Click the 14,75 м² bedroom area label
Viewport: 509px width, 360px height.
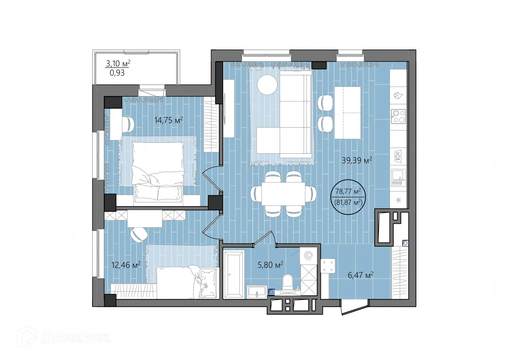169,120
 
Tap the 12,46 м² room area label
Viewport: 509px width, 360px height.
126,265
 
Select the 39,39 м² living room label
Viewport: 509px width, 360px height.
357,160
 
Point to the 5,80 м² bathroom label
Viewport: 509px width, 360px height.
270,265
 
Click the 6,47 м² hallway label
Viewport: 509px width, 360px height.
361,275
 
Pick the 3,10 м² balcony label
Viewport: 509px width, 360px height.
118,63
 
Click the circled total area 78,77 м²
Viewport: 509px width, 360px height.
348,191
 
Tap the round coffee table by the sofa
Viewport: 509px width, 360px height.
267,85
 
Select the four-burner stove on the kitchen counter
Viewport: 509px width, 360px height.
398,117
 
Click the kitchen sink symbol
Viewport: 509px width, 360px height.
398,177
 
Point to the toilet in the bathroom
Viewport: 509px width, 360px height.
288,282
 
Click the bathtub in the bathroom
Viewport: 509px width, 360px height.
234,275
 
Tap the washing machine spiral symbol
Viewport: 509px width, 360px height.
308,256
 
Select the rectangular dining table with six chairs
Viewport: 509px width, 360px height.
283,194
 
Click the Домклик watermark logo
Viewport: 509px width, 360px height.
64,337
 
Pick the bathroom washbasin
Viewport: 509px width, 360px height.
257,292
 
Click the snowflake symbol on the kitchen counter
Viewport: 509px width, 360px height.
398,200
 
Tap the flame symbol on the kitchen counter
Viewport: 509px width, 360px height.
398,96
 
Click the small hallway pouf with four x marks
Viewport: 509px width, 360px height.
328,266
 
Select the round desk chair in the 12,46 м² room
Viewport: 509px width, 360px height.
139,235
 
